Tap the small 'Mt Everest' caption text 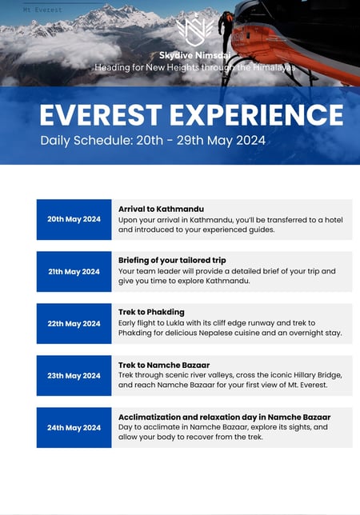tap(42, 10)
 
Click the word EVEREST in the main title tap(101, 115)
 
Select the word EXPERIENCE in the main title tap(257, 115)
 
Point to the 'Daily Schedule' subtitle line tap(153, 141)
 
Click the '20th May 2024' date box tap(74, 219)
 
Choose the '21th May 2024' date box tap(74, 272)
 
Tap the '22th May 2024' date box tap(74, 324)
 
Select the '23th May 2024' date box tap(74, 375)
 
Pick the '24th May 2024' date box tap(74, 428)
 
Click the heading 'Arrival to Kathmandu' tap(161, 209)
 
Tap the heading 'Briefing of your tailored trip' tap(172, 261)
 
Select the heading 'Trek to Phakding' tap(151, 312)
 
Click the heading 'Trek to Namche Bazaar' tap(164, 365)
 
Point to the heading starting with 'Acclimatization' tap(224, 417)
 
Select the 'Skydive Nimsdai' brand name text tap(194, 55)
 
